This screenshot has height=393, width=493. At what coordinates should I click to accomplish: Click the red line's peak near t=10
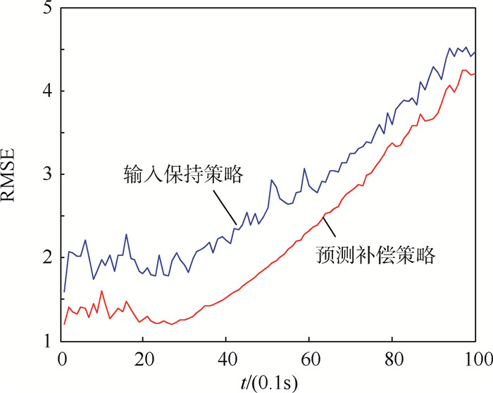point(102,290)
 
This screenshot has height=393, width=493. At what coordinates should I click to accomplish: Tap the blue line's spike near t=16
point(127,234)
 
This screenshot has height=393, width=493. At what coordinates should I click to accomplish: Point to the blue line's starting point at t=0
point(64,291)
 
